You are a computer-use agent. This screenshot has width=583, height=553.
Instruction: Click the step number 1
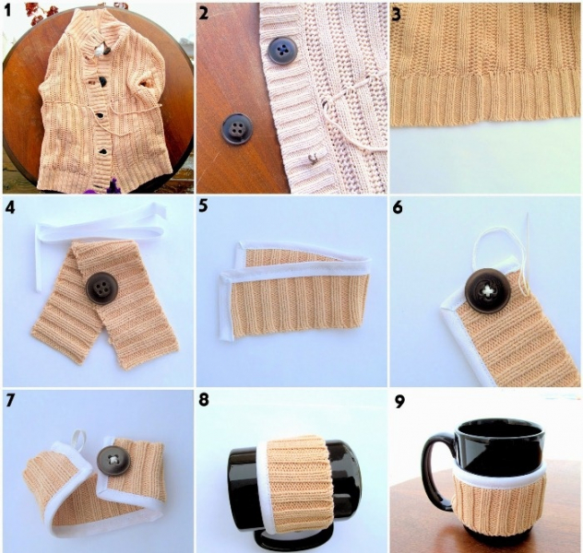tap(8, 11)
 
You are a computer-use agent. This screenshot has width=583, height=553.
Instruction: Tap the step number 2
tap(204, 14)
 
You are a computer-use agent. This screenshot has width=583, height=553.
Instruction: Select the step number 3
tap(397, 15)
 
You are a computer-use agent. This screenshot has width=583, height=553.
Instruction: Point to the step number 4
tap(10, 207)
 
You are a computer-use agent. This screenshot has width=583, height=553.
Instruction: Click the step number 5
tap(203, 206)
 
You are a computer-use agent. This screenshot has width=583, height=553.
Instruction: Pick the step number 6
tap(398, 207)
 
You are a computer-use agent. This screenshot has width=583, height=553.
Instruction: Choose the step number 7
tap(10, 401)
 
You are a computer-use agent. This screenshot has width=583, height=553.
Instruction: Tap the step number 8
tap(204, 400)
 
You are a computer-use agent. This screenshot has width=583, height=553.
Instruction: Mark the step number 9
tap(399, 402)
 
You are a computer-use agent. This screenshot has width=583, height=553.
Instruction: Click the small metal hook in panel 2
tap(313, 159)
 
